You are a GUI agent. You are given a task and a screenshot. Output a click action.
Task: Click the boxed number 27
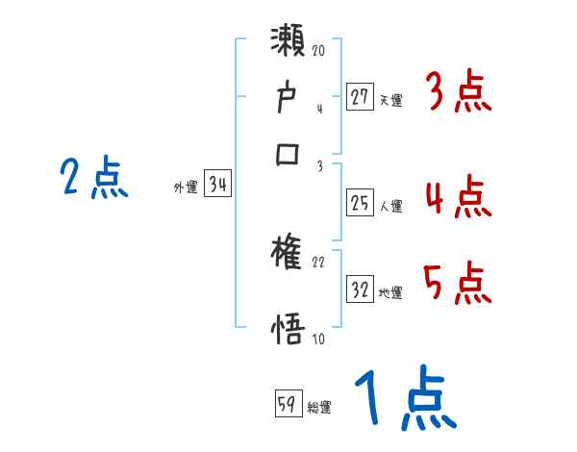point(360,96)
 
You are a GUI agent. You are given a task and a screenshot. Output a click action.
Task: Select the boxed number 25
point(360,203)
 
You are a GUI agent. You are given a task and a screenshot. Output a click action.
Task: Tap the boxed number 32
point(360,289)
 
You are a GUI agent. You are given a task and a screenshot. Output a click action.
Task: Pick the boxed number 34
point(217,186)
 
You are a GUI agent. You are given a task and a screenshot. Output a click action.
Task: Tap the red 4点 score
point(458,199)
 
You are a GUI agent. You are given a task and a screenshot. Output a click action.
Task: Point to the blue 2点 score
point(93,179)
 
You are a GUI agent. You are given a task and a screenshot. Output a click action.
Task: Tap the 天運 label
point(390,99)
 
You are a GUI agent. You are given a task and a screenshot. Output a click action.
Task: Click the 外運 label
point(186,188)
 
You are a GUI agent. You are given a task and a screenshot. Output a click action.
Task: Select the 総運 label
point(319,408)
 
